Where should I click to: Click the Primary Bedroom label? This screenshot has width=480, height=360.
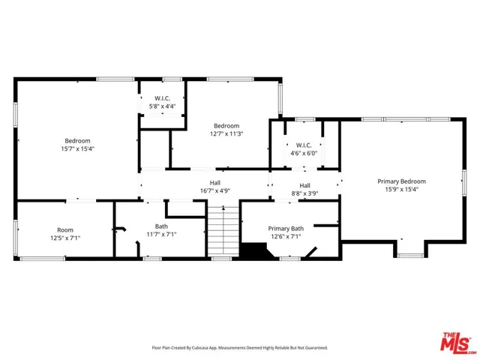401,181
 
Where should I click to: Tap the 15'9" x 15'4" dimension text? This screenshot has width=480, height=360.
401,190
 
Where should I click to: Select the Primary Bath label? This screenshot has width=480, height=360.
286,228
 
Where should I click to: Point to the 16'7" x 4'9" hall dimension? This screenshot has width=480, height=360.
214,190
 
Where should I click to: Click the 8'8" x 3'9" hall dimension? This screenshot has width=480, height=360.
304,193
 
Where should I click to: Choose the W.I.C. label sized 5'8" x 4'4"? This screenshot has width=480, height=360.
162,98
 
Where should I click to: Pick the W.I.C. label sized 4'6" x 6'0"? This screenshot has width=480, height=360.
304,145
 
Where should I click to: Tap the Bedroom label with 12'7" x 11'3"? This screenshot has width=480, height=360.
226,125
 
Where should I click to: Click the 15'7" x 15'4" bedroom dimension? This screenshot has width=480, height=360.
77,148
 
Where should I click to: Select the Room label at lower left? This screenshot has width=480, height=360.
65,229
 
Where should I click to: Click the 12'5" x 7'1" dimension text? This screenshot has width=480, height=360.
65,238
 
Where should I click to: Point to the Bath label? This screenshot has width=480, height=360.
161,226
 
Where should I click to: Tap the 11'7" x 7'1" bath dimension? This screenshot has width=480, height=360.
161,234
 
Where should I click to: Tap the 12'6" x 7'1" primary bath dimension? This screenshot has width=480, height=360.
286,236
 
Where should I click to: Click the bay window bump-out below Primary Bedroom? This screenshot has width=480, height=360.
409,249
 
